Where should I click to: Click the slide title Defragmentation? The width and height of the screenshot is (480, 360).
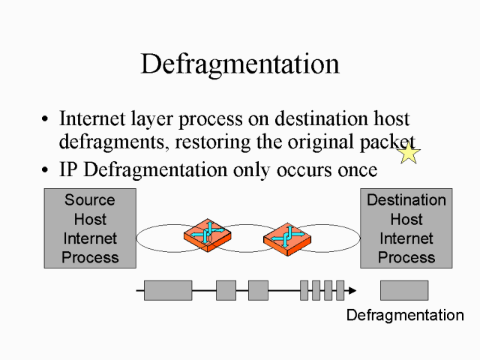pos(239,64)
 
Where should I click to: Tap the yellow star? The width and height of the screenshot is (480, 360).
pos(409,153)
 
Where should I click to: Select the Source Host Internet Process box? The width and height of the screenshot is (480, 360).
pos(90,228)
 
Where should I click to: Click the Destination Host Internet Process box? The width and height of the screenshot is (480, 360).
pos(406,228)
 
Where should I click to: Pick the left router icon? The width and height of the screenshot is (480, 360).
pos(207,236)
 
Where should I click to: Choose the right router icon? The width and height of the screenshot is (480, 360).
pos(287,237)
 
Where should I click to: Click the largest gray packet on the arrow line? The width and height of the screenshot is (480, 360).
pos(167,290)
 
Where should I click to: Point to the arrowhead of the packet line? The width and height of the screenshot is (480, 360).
pos(352,290)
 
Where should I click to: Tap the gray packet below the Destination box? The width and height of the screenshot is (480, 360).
pos(403,290)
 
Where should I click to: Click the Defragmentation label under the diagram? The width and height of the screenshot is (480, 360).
pos(405,315)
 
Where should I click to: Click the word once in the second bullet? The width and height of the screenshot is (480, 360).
pos(355,169)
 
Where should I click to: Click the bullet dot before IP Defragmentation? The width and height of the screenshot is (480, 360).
pos(46,171)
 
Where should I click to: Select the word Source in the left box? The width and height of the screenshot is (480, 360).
pos(90,200)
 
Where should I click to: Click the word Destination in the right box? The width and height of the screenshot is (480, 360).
pos(406,200)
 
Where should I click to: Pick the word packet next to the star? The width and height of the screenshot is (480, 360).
pos(387,142)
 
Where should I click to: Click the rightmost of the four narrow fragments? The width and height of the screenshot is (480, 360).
pos(340,290)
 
